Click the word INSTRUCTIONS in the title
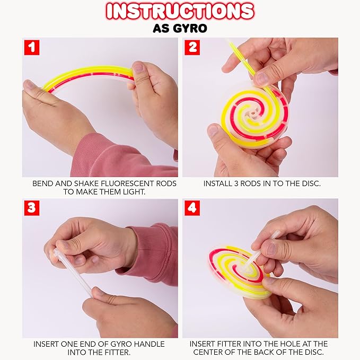point(180,11)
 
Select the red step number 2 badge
point(192,48)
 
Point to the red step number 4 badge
point(192,208)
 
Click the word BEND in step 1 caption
point(43,183)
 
